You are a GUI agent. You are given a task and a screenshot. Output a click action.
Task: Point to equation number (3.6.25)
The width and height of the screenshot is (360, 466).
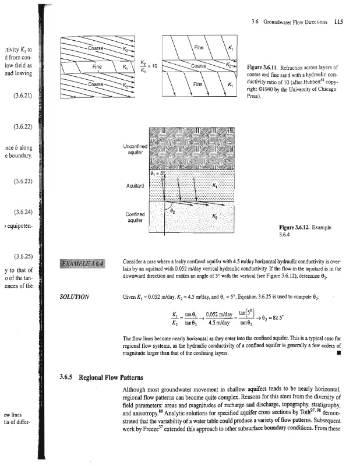(x=17, y=256)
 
